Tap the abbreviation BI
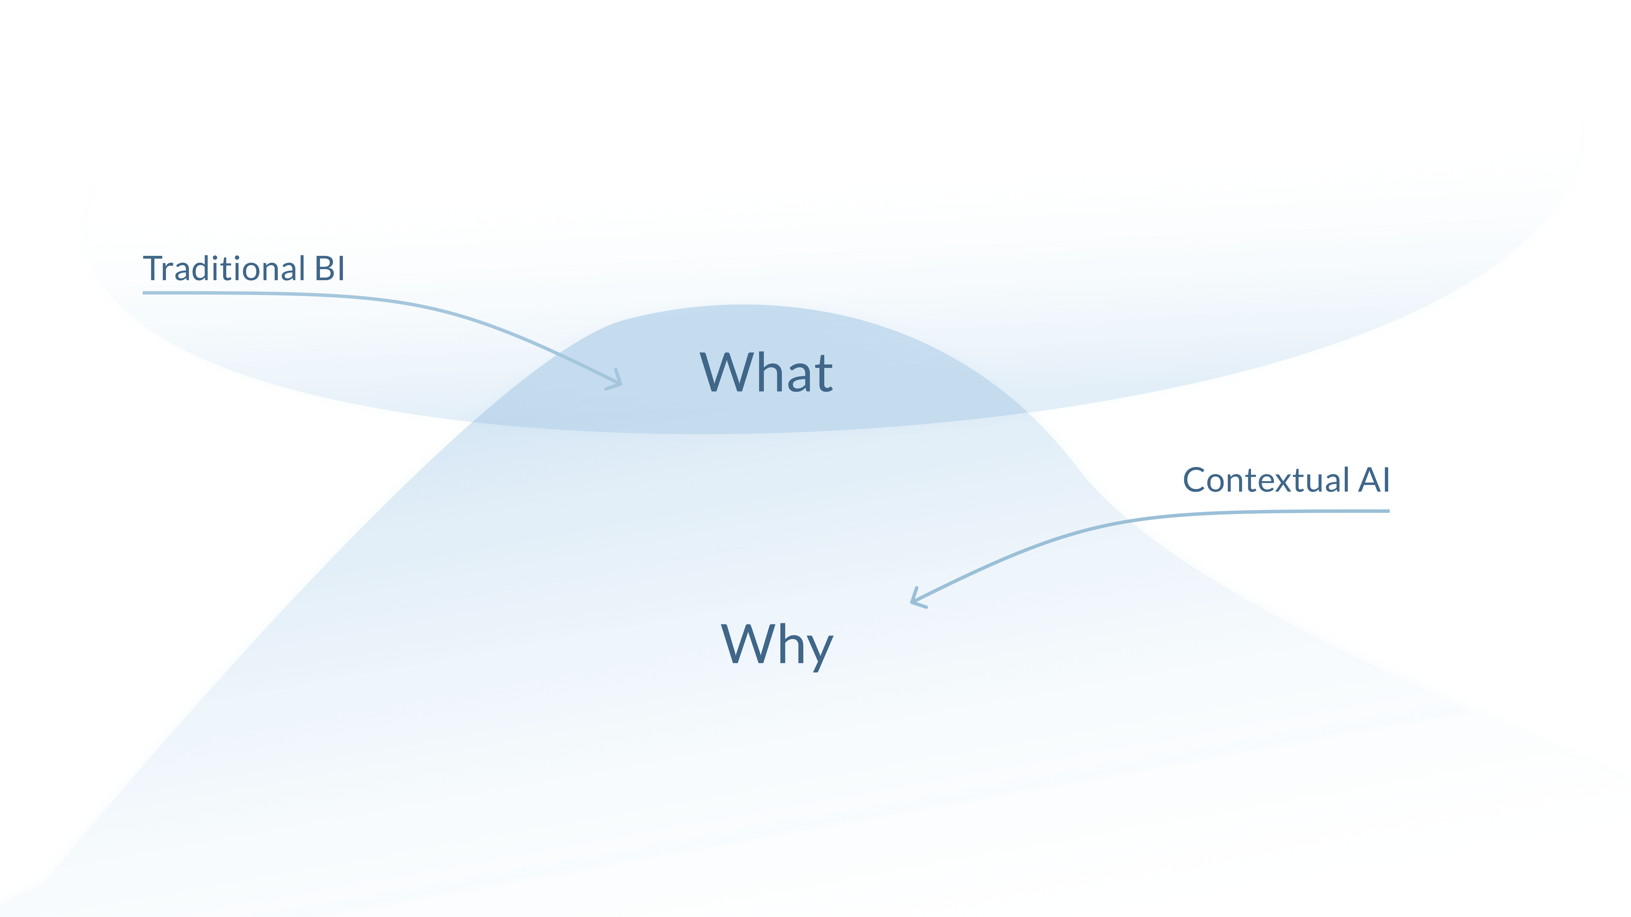click(329, 269)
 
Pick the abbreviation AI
click(1374, 480)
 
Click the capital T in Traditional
click(154, 269)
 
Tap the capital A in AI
click(1369, 480)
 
